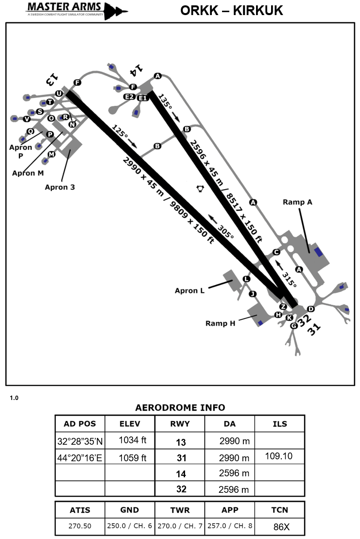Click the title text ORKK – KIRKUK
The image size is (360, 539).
231,10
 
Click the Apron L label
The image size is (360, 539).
190,291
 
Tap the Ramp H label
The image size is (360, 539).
220,323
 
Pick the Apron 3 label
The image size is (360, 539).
60,187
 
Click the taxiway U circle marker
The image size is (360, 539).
59,93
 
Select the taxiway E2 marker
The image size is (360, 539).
129,97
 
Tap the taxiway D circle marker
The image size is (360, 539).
311,309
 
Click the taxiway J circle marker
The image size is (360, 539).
252,294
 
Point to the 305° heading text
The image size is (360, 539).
226,231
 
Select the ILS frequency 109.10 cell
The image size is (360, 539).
279,456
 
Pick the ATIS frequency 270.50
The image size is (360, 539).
80,525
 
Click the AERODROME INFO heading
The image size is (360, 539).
180,407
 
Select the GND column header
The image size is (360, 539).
129,510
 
